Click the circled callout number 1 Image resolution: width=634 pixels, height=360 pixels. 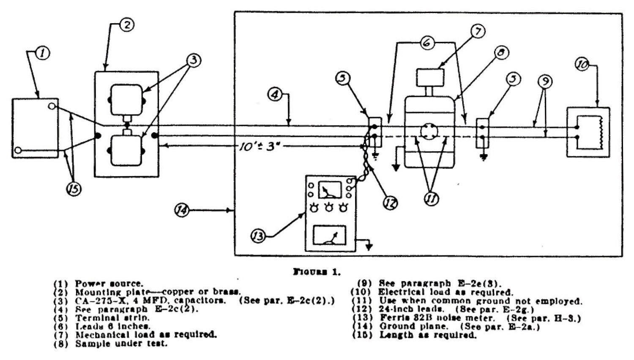(44, 53)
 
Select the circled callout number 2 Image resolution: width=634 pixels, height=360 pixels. (126, 25)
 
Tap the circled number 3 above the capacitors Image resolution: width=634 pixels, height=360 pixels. (194, 60)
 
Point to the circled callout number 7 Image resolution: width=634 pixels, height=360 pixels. (478, 31)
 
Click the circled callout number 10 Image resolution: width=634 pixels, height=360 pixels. (582, 65)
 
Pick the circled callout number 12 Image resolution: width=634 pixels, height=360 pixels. (390, 203)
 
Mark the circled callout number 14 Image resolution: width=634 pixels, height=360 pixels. (182, 210)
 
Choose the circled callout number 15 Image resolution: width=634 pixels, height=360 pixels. (74, 190)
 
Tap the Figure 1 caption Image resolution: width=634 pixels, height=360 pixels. (317, 272)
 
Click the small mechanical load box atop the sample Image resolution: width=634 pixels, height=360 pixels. (430, 77)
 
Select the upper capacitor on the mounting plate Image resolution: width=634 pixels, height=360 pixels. (126, 100)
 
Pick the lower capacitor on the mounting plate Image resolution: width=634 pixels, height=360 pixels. (126, 150)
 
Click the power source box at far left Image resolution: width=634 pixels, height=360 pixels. (35, 128)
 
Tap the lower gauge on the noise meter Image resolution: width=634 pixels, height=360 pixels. (329, 235)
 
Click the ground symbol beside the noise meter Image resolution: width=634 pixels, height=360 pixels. (369, 245)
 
